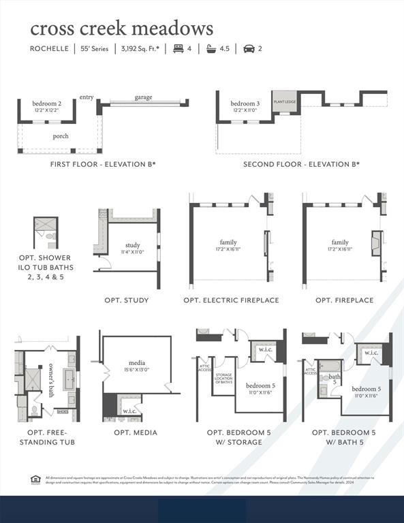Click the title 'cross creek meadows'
tap(121, 29)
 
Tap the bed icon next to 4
tap(178, 49)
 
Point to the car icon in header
tap(249, 49)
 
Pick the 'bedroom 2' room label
tap(47, 104)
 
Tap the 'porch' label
tap(61, 136)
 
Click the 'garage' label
tap(143, 97)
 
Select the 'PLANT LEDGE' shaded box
tap(284, 101)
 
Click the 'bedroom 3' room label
tap(244, 104)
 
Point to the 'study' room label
tap(132, 245)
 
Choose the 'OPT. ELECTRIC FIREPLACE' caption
tap(231, 300)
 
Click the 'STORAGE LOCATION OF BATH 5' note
tap(224, 378)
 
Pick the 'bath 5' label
tap(334, 379)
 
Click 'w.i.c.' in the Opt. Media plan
tap(129, 411)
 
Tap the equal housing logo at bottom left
tap(35, 479)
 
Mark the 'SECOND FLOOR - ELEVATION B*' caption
tap(301, 164)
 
